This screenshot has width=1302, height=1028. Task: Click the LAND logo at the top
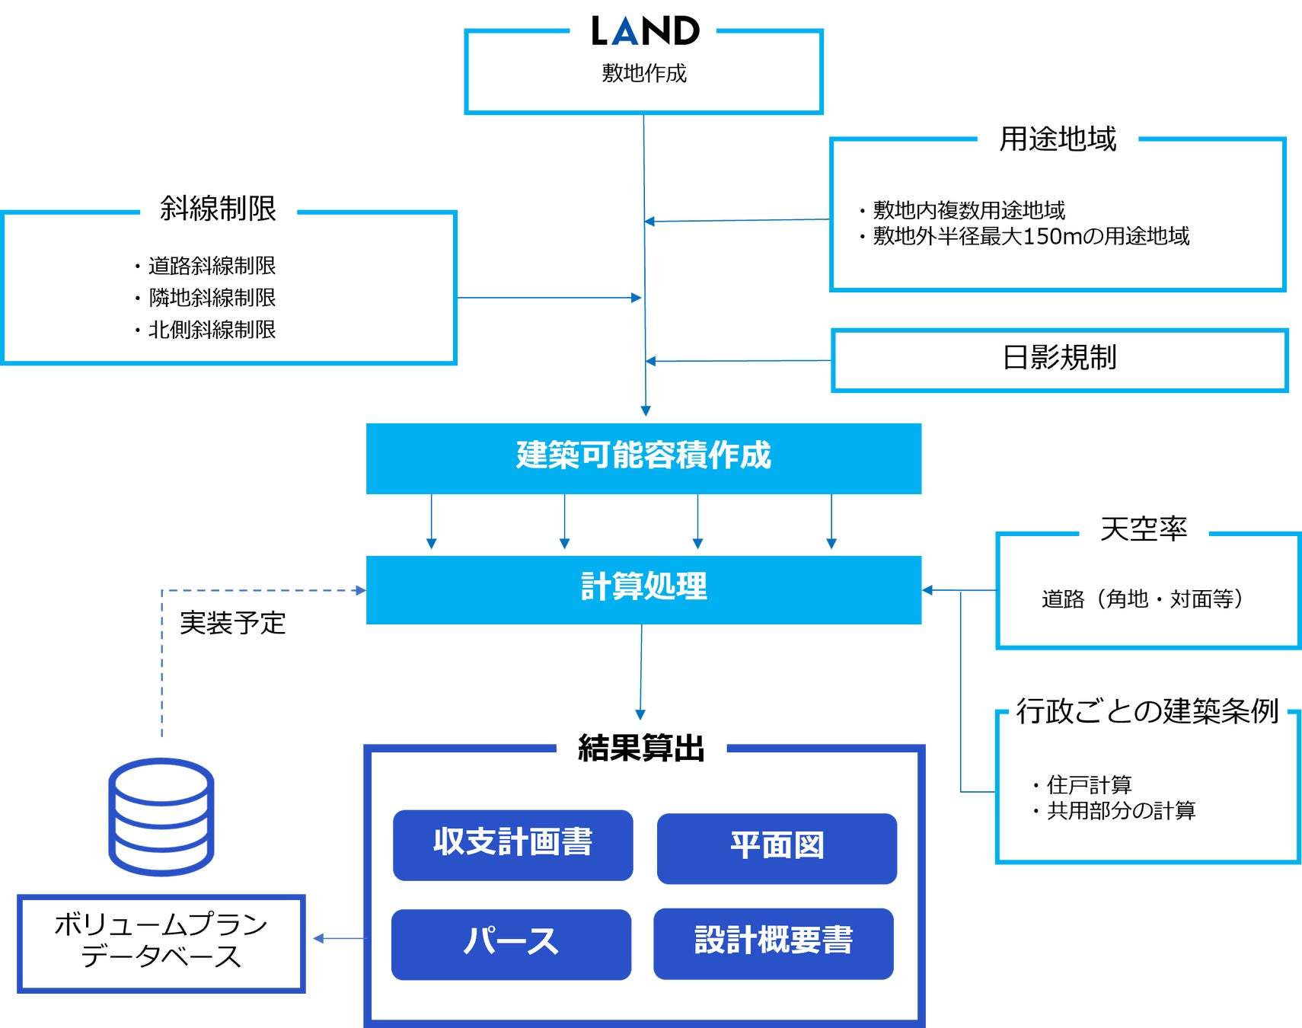click(x=645, y=31)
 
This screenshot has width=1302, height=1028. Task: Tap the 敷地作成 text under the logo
click(x=644, y=73)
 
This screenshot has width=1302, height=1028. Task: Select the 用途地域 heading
click(x=1058, y=139)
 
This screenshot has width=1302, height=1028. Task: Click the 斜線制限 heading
click(x=218, y=209)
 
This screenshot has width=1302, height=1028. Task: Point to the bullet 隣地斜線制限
click(x=212, y=298)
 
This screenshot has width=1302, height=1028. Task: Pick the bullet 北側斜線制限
click(x=212, y=330)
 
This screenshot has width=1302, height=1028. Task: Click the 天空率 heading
click(x=1144, y=529)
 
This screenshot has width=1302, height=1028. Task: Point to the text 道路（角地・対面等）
click(x=1143, y=599)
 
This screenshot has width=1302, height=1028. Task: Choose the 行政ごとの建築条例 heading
click(x=1147, y=711)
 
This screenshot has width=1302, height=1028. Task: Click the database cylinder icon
click(x=161, y=816)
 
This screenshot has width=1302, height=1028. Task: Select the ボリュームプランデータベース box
click(x=161, y=943)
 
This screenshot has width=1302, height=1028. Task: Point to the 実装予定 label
click(x=232, y=624)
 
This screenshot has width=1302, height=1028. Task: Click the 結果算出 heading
click(x=641, y=749)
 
